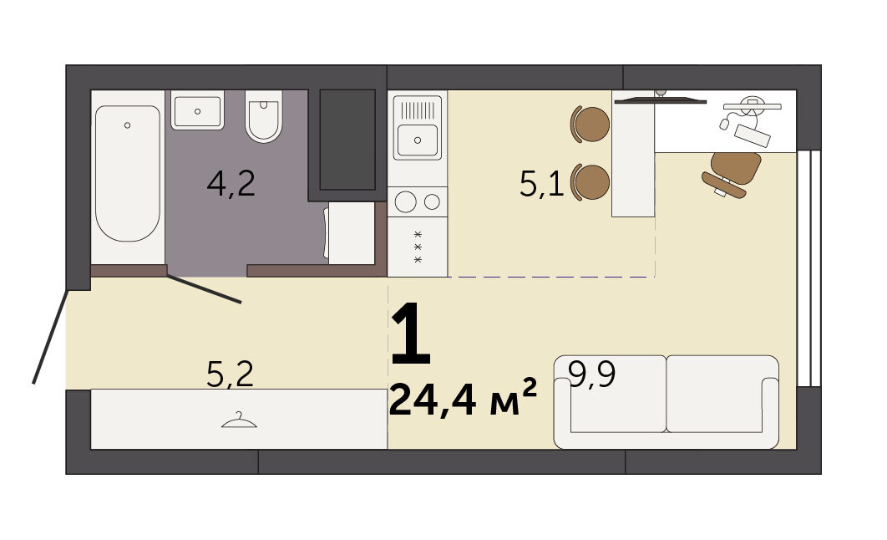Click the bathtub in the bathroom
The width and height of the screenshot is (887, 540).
click(128, 173)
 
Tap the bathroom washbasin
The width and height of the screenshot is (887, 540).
click(197, 110)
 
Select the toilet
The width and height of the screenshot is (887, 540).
click(264, 116)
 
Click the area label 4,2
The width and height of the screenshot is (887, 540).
click(231, 183)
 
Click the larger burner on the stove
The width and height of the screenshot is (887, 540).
click(406, 201)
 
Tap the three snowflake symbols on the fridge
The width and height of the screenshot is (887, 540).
click(418, 247)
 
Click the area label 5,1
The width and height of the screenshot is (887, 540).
click(541, 184)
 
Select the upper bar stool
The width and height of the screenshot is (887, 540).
click(590, 124)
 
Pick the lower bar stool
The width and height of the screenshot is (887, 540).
click(590, 182)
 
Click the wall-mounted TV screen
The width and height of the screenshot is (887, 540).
click(660, 101)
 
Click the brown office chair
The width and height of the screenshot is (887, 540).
click(732, 174)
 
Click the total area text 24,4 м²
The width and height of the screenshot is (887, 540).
click(463, 398)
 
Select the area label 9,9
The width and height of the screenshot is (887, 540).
click(591, 374)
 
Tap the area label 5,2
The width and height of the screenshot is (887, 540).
click(230, 374)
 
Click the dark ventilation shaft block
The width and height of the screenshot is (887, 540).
click(347, 140)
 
